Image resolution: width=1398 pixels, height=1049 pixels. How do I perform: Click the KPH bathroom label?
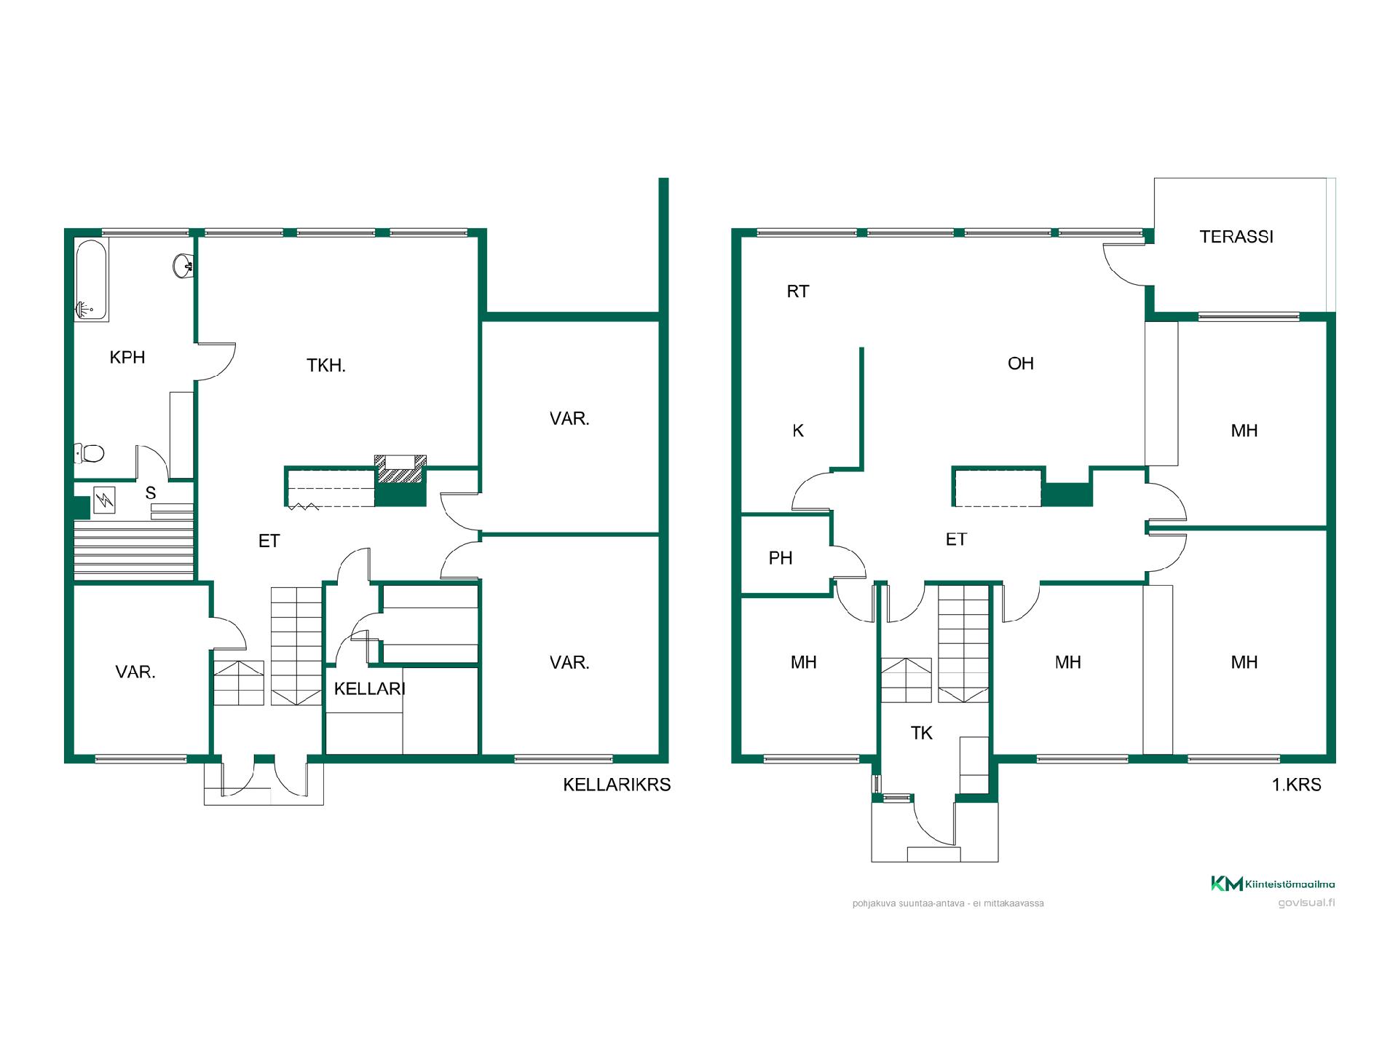[x=127, y=357]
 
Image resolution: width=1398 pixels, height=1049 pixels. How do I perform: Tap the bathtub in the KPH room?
[x=92, y=280]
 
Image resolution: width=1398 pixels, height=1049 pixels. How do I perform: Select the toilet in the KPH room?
[x=90, y=453]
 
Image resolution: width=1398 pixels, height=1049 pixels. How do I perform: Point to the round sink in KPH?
[x=183, y=265]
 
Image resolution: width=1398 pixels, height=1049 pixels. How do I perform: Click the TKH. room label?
[x=326, y=365]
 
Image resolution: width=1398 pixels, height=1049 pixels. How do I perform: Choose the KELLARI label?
[x=369, y=688]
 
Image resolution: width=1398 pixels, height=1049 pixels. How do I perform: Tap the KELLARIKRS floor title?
[x=617, y=785]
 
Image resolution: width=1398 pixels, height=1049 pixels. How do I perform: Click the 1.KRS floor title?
[x=1296, y=785]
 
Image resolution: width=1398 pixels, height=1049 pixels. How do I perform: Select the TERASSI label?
[x=1236, y=237]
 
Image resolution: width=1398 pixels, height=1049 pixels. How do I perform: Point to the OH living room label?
[x=1021, y=364]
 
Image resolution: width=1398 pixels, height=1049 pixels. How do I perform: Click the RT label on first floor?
[x=798, y=291]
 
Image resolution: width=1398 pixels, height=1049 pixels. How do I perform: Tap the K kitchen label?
[x=798, y=431]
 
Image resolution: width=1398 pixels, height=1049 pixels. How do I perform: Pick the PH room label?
[x=781, y=558]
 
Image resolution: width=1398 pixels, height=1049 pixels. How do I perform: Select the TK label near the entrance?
[x=922, y=733]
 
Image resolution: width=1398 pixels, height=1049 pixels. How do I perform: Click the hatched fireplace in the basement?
[x=400, y=469]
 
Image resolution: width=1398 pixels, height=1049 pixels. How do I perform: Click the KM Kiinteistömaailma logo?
[x=1273, y=884]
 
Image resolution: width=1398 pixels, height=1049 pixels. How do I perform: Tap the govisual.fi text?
[x=1307, y=903]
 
